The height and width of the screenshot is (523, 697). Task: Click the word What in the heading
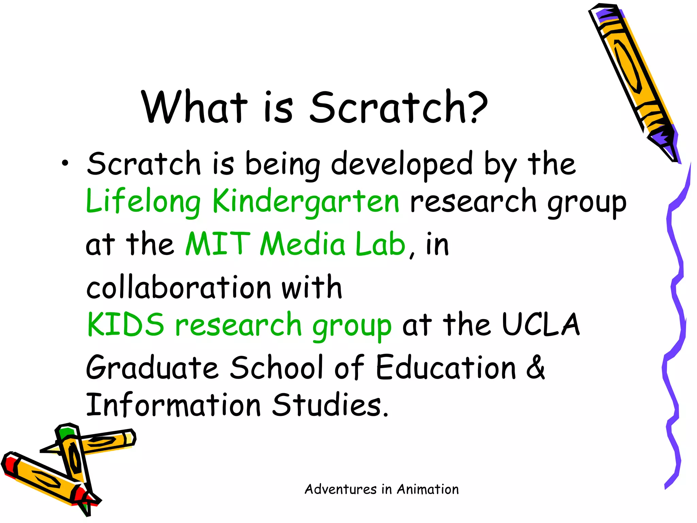pyautogui.click(x=194, y=108)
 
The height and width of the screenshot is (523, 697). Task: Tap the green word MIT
pyautogui.click(x=218, y=244)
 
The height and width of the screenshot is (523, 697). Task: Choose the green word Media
pyautogui.click(x=303, y=244)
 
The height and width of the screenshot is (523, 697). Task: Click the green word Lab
pyautogui.click(x=380, y=244)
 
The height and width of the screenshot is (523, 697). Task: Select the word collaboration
pyautogui.click(x=179, y=287)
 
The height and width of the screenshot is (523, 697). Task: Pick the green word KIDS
pyautogui.click(x=126, y=324)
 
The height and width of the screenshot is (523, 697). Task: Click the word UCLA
pyautogui.click(x=541, y=324)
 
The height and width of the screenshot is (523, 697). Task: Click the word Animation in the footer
pyautogui.click(x=428, y=489)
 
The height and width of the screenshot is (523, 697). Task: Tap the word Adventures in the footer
pyautogui.click(x=341, y=489)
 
